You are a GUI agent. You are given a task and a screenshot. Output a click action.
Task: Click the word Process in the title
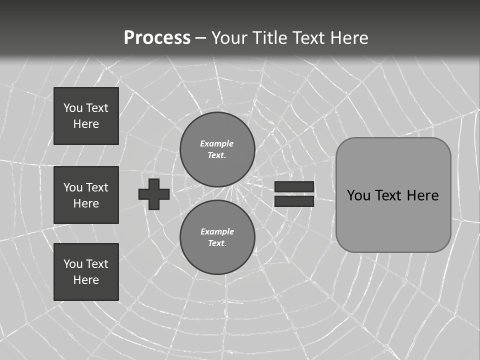(x=157, y=38)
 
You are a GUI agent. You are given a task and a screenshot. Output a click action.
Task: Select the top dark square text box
(x=86, y=116)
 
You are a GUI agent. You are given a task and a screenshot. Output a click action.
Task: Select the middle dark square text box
(x=86, y=195)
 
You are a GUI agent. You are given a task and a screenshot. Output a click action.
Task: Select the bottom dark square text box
(x=86, y=272)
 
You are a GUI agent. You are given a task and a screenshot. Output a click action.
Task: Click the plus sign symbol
(x=154, y=194)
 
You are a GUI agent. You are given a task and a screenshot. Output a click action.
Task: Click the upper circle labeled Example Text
(x=217, y=149)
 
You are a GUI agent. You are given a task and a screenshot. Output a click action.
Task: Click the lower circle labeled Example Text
(x=217, y=237)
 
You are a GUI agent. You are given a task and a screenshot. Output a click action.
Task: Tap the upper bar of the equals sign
(x=294, y=186)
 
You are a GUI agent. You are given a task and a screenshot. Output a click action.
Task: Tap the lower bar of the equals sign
(x=294, y=201)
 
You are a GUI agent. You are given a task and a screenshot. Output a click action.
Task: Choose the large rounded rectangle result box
(x=393, y=220)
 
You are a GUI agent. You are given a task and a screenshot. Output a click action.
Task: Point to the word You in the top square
(x=73, y=108)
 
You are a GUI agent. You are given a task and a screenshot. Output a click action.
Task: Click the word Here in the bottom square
(x=86, y=280)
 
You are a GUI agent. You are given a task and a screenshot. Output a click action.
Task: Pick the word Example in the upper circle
(x=216, y=143)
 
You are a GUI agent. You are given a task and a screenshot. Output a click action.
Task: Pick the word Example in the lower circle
(x=217, y=231)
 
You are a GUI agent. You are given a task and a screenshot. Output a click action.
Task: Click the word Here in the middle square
(x=86, y=203)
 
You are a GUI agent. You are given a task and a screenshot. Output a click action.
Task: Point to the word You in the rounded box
(x=358, y=195)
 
